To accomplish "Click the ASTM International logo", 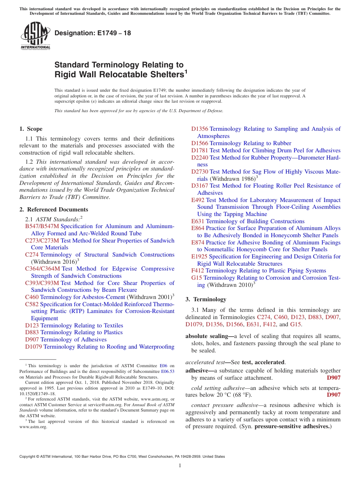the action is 35,36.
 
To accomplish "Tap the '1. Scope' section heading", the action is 31,129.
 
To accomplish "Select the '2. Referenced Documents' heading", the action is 54,210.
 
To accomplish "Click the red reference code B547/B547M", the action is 42,226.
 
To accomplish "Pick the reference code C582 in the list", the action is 32,304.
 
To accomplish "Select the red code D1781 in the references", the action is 200,150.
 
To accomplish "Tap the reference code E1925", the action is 199,257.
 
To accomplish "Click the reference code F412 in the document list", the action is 198,271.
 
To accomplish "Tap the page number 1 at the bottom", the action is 180,466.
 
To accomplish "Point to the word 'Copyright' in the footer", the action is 28,457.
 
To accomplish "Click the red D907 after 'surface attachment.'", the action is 333,378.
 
